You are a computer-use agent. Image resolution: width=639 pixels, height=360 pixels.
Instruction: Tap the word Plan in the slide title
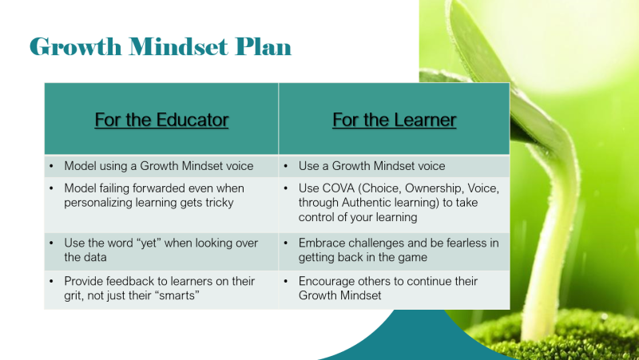coord(261,47)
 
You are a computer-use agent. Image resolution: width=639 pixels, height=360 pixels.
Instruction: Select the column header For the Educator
coord(161,120)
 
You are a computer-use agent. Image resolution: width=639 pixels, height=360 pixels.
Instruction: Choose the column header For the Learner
coord(394,120)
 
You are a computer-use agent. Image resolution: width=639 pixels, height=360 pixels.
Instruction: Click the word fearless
coord(465,243)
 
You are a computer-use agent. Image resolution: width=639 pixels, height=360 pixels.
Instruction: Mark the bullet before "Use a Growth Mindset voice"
coord(288,166)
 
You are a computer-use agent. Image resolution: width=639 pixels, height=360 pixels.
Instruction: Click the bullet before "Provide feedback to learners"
coord(52,282)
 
